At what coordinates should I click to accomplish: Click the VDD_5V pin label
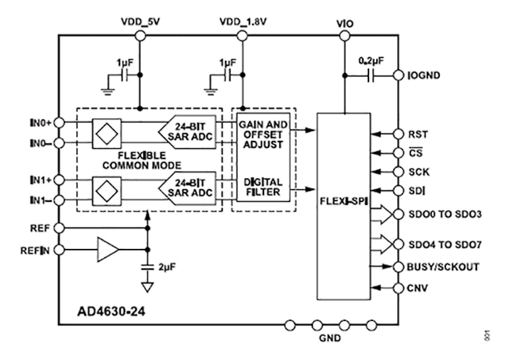coord(140,23)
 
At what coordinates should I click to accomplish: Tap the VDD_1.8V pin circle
coord(243,37)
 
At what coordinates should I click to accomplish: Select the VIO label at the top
coord(345,24)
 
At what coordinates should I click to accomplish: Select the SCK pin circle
coord(398,172)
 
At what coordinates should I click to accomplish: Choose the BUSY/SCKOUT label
coord(443,267)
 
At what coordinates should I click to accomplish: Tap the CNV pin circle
coord(398,287)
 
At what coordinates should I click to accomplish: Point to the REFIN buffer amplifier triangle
coord(107,250)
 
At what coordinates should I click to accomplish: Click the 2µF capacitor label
coord(167,267)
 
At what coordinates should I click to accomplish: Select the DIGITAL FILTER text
coord(264,187)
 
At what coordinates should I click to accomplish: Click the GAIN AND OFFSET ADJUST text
coord(264,134)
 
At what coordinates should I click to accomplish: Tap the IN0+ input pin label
coord(41,123)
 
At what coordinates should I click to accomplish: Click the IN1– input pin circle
coord(59,200)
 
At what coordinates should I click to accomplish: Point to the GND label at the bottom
coord(331,339)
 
